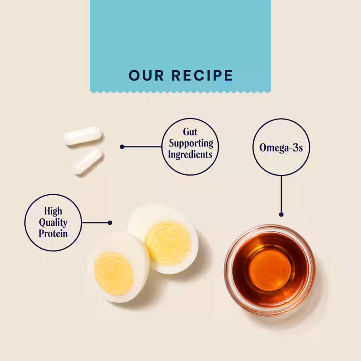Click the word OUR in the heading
click(x=146, y=75)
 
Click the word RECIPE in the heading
click(x=202, y=75)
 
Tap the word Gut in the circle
click(x=190, y=132)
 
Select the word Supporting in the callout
click(x=191, y=143)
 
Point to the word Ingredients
click(x=190, y=154)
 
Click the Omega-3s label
click(x=281, y=148)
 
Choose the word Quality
click(x=53, y=223)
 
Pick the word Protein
click(x=53, y=233)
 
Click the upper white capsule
click(x=83, y=135)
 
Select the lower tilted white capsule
click(x=88, y=161)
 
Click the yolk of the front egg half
click(x=114, y=274)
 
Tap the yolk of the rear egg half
click(x=168, y=244)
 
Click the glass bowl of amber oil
click(x=270, y=270)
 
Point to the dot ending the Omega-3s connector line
click(x=281, y=215)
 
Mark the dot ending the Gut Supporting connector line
click(x=122, y=147)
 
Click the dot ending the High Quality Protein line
click(x=110, y=223)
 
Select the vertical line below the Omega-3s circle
click(x=281, y=194)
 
